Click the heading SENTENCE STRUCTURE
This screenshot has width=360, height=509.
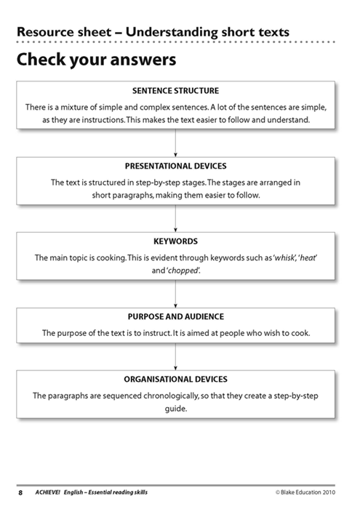(x=175, y=91)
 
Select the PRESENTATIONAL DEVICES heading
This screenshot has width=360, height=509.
(x=175, y=166)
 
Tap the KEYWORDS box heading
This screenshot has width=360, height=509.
(x=175, y=241)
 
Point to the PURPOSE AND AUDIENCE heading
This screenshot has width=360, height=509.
(x=175, y=316)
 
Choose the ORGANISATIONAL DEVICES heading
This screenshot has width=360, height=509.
(x=175, y=379)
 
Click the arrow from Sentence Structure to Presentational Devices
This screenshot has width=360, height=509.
(x=175, y=143)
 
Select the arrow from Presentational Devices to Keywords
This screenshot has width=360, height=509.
(x=175, y=218)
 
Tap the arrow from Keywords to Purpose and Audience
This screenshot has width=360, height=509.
(x=175, y=294)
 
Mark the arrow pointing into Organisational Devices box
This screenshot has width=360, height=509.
(x=175, y=357)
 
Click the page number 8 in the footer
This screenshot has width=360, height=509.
(x=20, y=492)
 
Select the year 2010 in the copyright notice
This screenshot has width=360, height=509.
(x=329, y=492)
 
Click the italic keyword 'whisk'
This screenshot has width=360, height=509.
(x=284, y=257)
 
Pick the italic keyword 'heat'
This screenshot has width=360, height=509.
(x=308, y=257)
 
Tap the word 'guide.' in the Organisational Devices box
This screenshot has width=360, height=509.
(x=175, y=409)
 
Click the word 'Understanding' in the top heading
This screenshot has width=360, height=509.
(x=172, y=32)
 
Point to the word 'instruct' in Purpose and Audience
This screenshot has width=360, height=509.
(x=157, y=333)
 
